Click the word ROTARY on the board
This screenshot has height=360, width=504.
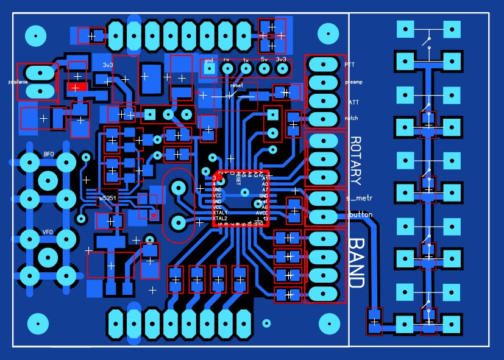tap(356, 161)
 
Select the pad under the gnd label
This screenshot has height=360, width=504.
tap(209, 69)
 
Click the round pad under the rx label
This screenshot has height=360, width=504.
tap(227, 69)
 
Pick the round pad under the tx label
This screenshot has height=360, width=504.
tap(246, 69)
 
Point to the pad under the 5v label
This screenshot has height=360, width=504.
tap(264, 69)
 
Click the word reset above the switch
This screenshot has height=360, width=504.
tap(237, 86)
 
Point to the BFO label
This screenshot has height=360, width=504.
tap(49, 155)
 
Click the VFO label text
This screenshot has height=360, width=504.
tap(48, 232)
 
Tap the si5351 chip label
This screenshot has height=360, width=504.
tap(109, 197)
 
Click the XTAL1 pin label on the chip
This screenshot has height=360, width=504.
tap(220, 213)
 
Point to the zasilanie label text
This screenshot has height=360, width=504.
tap(18, 81)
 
